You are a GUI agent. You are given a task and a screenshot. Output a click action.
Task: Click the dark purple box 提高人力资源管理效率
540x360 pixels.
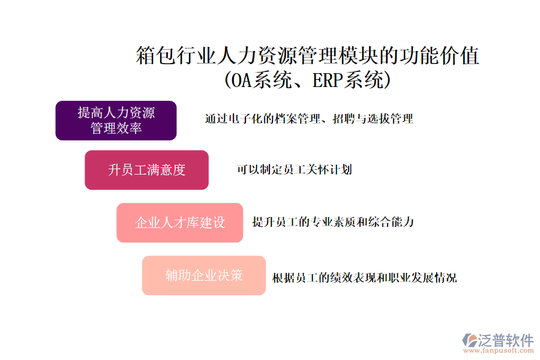pyautogui.click(x=116, y=121)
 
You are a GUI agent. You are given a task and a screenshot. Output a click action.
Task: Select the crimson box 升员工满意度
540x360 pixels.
pyautogui.click(x=147, y=170)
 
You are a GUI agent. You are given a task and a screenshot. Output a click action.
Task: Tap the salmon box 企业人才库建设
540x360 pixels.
pyautogui.click(x=180, y=223)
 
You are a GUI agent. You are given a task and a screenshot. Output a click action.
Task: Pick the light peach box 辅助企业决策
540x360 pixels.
pyautogui.click(x=204, y=275)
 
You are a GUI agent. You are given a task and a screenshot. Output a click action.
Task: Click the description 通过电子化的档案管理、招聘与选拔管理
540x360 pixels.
pyautogui.click(x=309, y=119)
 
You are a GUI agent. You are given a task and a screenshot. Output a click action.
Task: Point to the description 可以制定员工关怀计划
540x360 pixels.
pyautogui.click(x=295, y=169)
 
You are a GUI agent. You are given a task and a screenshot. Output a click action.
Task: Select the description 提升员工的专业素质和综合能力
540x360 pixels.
pyautogui.click(x=333, y=222)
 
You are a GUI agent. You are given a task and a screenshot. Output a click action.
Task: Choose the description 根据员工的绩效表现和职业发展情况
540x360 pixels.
pyautogui.click(x=364, y=278)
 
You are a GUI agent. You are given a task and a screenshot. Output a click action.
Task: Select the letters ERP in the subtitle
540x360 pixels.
pyautogui.click(x=328, y=80)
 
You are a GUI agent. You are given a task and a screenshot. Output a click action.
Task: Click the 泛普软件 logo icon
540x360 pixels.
pyautogui.click(x=469, y=340)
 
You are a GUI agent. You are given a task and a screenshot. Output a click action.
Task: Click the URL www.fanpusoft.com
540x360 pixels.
pyautogui.click(x=499, y=350)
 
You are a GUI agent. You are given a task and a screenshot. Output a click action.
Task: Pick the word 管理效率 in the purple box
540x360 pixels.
pyautogui.click(x=116, y=128)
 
